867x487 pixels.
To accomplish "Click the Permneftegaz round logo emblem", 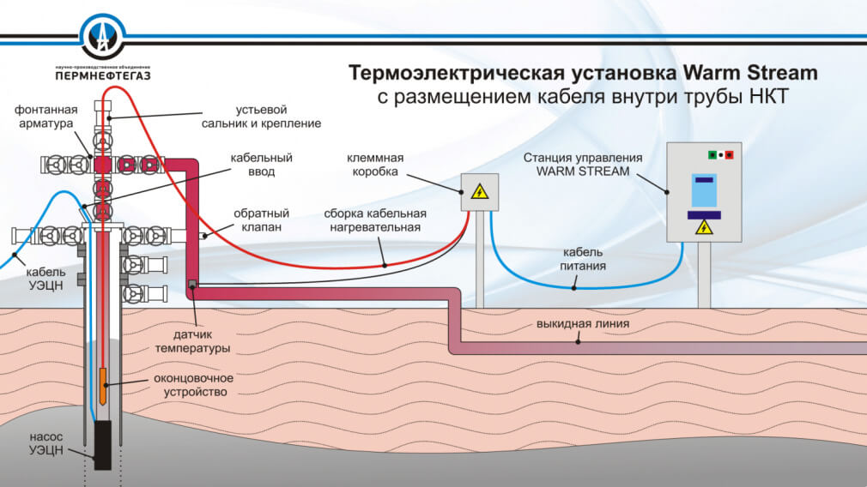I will [x=103, y=35].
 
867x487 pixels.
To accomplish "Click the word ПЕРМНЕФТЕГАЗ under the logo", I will [x=102, y=75].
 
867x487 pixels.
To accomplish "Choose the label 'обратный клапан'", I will [x=261, y=220].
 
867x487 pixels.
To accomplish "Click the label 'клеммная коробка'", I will [x=375, y=165].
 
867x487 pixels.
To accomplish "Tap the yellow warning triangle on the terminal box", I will [x=481, y=193].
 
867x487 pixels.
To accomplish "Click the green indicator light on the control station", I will [x=712, y=154].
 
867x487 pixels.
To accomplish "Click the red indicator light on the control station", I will [x=730, y=154].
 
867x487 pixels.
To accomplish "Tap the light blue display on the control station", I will [x=704, y=190].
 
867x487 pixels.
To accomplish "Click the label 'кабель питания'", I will [x=584, y=259].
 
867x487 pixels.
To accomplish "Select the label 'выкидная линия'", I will [x=583, y=324].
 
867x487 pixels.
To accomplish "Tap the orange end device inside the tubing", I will [x=102, y=385].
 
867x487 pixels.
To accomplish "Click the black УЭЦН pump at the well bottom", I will [x=103, y=445].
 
